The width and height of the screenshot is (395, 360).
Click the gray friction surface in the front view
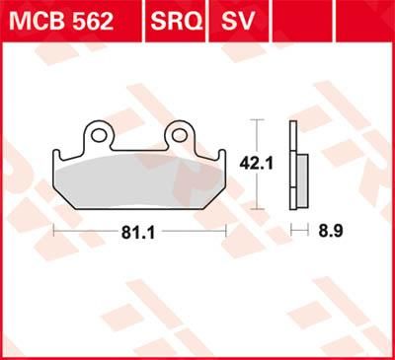tap(138, 182)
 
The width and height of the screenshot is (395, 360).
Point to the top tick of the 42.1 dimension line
tap(259, 120)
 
